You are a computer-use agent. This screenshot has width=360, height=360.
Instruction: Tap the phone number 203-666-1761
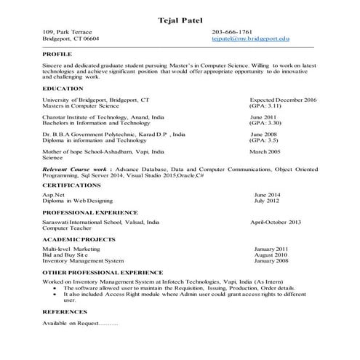point(232,33)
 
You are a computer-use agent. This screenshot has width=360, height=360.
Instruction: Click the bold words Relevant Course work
point(73,169)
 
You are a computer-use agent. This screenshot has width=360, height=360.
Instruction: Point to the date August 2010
point(271,255)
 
